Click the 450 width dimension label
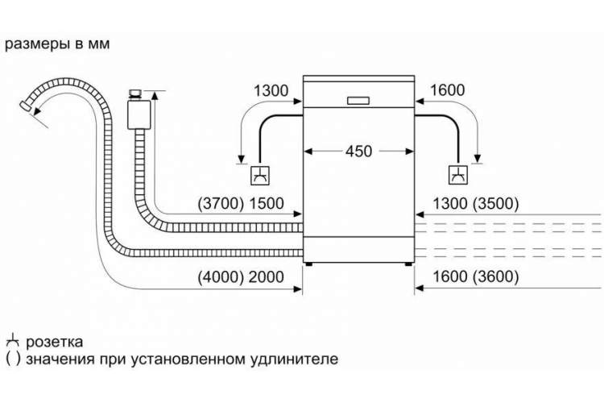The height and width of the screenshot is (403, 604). tap(358, 152)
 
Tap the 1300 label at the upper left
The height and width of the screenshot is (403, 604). tap(271, 90)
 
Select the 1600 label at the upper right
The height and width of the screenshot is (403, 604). tap(447, 89)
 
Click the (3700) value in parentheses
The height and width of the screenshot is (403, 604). tap(219, 204)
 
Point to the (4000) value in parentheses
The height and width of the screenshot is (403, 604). tap(219, 277)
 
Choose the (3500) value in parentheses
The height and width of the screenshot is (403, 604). tap(496, 204)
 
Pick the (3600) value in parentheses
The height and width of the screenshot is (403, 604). tap(496, 276)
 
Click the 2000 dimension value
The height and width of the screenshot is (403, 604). tap(267, 277)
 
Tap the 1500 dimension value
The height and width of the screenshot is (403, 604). tap(267, 204)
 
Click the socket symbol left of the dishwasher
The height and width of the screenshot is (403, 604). tap(260, 176)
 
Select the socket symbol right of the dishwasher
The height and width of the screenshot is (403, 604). tap(458, 175)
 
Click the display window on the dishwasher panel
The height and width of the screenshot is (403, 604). tap(358, 101)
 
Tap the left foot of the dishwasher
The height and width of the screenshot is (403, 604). tap(308, 264)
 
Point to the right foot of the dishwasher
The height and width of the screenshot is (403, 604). tap(407, 264)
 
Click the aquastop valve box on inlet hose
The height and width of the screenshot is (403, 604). tap(139, 114)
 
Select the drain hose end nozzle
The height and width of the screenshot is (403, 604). tap(26, 106)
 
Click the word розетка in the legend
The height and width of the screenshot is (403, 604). tap(54, 342)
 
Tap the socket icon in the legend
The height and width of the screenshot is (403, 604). tap(13, 340)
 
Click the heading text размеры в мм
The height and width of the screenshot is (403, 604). tap(57, 44)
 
